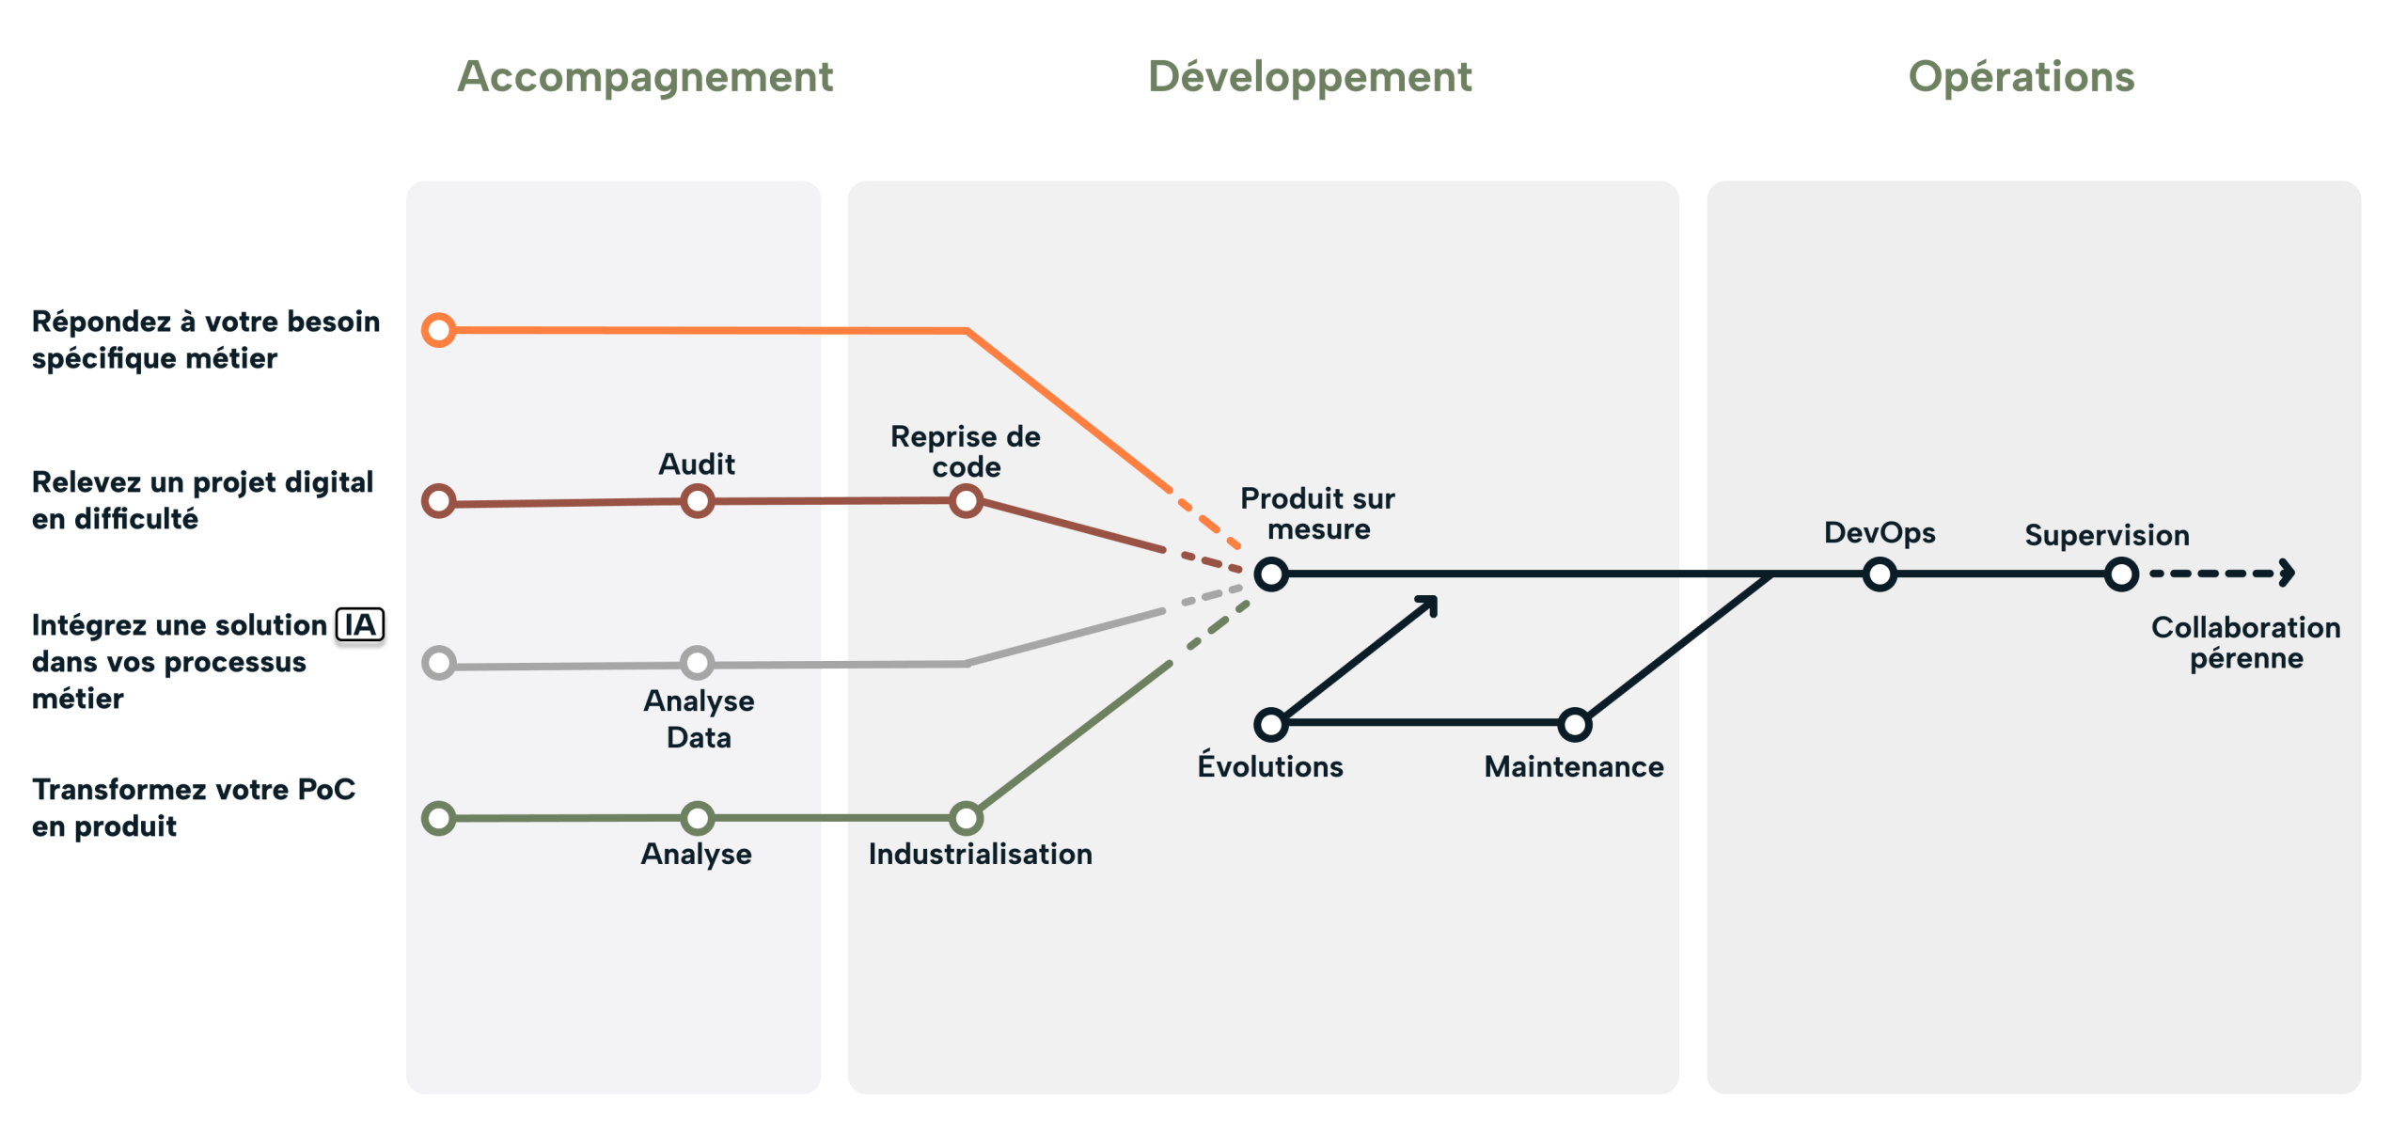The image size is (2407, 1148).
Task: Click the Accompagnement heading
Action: click(645, 77)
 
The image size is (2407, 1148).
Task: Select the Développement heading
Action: click(1310, 77)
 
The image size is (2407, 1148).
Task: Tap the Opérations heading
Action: click(2022, 77)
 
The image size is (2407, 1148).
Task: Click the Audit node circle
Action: click(697, 501)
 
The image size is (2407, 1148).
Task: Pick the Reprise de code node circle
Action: click(966, 501)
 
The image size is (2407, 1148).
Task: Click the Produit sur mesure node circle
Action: click(1271, 574)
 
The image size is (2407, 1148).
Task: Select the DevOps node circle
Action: click(1880, 574)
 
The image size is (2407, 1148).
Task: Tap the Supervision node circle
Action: click(2121, 574)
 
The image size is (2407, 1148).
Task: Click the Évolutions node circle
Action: click(1271, 724)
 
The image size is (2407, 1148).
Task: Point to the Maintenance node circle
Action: click(1574, 724)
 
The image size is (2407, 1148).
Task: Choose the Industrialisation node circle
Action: click(966, 818)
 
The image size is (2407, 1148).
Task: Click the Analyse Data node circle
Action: click(697, 663)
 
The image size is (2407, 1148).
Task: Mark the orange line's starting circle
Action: click(439, 330)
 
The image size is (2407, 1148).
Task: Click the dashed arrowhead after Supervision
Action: click(2287, 573)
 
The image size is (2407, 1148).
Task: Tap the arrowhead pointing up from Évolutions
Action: click(1428, 605)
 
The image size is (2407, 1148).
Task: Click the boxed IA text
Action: click(360, 626)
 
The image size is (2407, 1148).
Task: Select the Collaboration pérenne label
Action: click(2246, 642)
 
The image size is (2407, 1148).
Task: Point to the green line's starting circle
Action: click(439, 818)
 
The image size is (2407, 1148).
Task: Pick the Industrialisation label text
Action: click(980, 854)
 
